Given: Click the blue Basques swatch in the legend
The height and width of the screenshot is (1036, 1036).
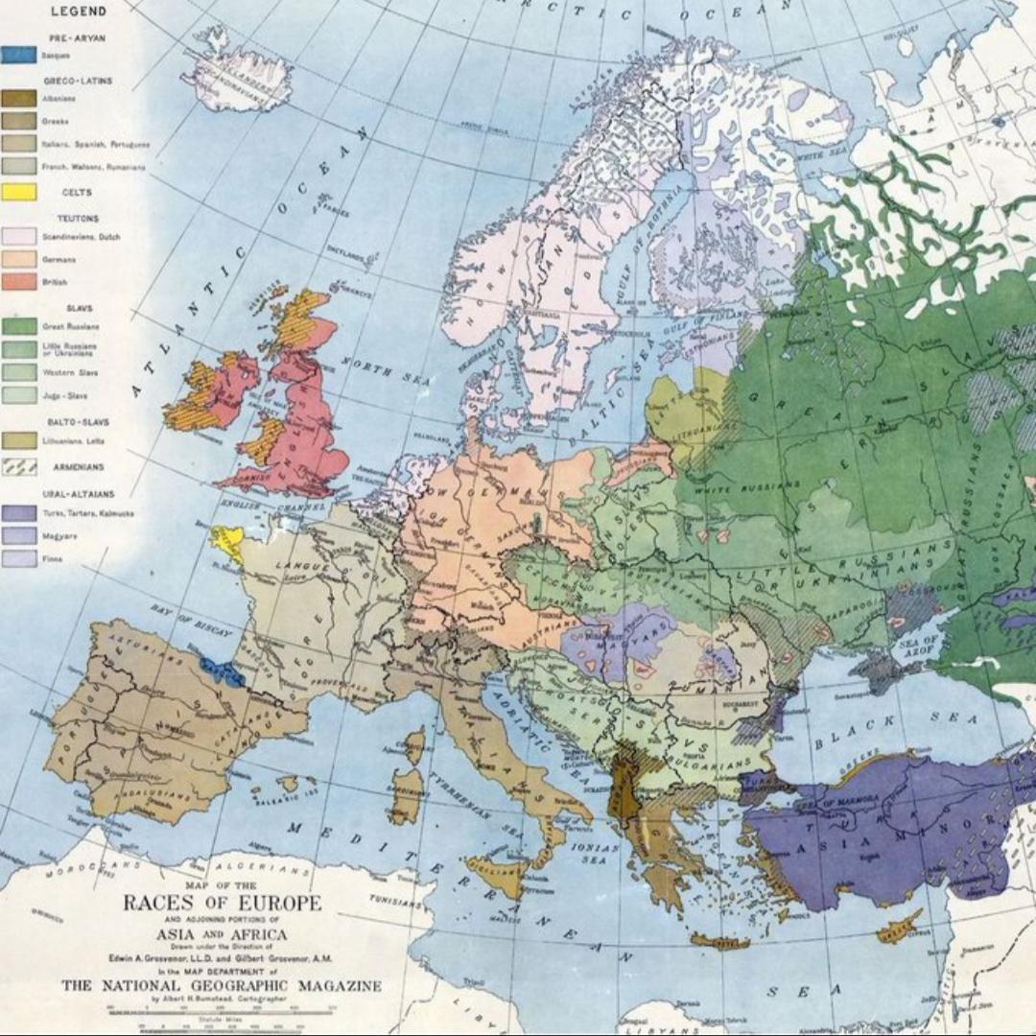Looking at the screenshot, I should tap(20, 55).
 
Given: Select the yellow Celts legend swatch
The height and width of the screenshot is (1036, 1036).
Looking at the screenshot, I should tap(20, 192).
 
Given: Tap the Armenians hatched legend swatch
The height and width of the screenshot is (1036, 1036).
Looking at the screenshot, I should tap(20, 466).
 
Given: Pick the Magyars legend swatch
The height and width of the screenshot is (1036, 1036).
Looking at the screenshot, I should tap(20, 535).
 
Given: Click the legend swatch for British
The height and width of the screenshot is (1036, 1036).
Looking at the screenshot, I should tap(20, 282).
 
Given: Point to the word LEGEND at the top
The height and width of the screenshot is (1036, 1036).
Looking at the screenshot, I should tap(78, 12).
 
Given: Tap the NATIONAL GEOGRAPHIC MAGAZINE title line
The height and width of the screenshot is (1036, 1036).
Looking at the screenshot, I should tap(221, 985).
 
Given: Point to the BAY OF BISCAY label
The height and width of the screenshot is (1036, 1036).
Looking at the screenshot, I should tap(192, 621).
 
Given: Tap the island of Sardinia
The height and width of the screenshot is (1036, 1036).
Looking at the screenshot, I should tap(405, 794).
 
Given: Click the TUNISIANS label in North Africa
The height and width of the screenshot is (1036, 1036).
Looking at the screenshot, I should tap(396, 902).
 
